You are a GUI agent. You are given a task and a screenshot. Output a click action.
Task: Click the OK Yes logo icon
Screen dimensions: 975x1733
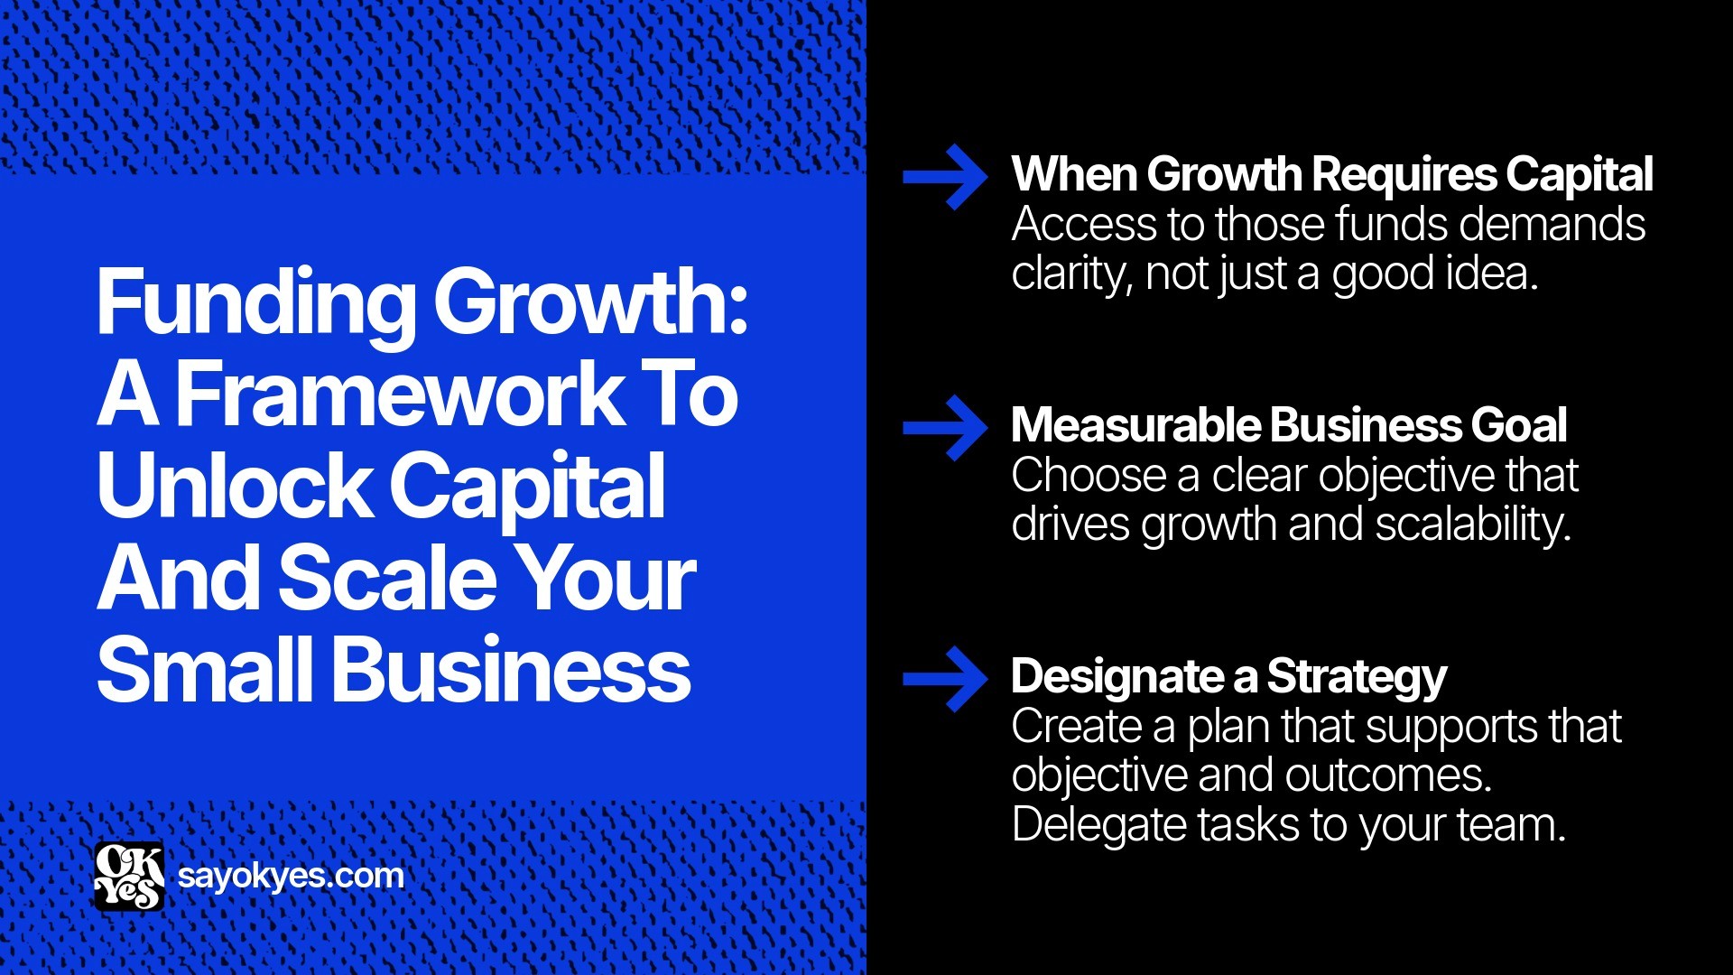(x=129, y=876)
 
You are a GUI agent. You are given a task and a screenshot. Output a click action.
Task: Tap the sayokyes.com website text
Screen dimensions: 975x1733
(x=291, y=876)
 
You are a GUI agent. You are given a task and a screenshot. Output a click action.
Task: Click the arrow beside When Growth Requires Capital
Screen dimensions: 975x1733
(x=945, y=177)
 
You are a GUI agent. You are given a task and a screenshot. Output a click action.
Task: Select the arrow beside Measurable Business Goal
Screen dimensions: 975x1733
(x=945, y=428)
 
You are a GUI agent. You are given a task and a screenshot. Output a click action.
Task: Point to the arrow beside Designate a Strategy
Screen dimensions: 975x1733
(x=945, y=679)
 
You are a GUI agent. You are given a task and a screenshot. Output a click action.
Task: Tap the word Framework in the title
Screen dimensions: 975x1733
(x=398, y=395)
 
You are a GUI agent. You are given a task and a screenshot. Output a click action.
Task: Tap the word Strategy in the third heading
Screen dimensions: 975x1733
(x=1357, y=677)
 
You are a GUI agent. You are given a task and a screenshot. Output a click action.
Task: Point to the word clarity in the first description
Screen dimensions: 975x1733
(x=1070, y=274)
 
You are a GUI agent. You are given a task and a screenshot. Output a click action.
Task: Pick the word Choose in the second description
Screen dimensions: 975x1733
(x=1089, y=476)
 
